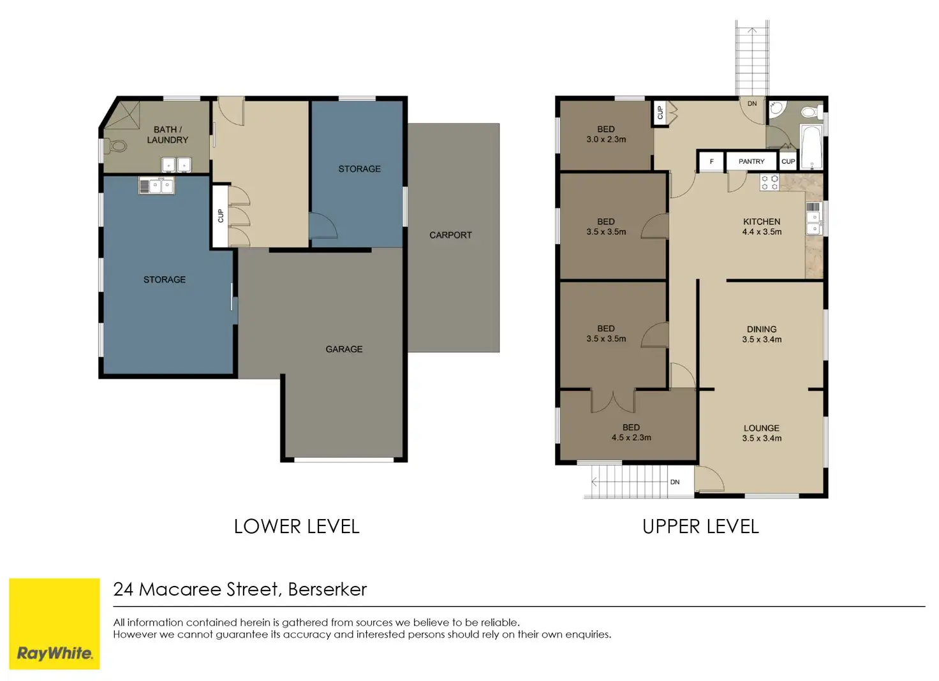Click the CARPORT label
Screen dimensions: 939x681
[x=450, y=235]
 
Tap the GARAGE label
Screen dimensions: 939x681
[x=344, y=349]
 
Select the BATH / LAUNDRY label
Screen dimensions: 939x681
[x=167, y=135]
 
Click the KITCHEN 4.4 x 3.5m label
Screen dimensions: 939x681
[x=762, y=226]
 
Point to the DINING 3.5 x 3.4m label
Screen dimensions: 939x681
[x=762, y=334]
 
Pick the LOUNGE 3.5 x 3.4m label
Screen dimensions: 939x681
[x=762, y=433]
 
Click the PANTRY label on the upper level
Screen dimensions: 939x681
[x=751, y=161]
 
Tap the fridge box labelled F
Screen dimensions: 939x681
[x=711, y=161]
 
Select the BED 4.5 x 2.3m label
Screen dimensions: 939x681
[x=631, y=432]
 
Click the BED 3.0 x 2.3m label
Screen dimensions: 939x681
[x=606, y=134]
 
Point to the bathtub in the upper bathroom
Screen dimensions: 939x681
[x=812, y=147]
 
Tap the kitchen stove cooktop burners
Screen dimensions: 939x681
[x=770, y=183]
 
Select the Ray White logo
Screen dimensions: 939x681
[x=54, y=624]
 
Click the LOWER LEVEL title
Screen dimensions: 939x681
[x=297, y=526]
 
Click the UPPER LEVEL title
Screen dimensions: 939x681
[x=700, y=526]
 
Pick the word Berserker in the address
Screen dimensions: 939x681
[x=327, y=589]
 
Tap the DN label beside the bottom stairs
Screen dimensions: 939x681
[x=675, y=482]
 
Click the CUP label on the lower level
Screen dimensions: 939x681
[x=221, y=216]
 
